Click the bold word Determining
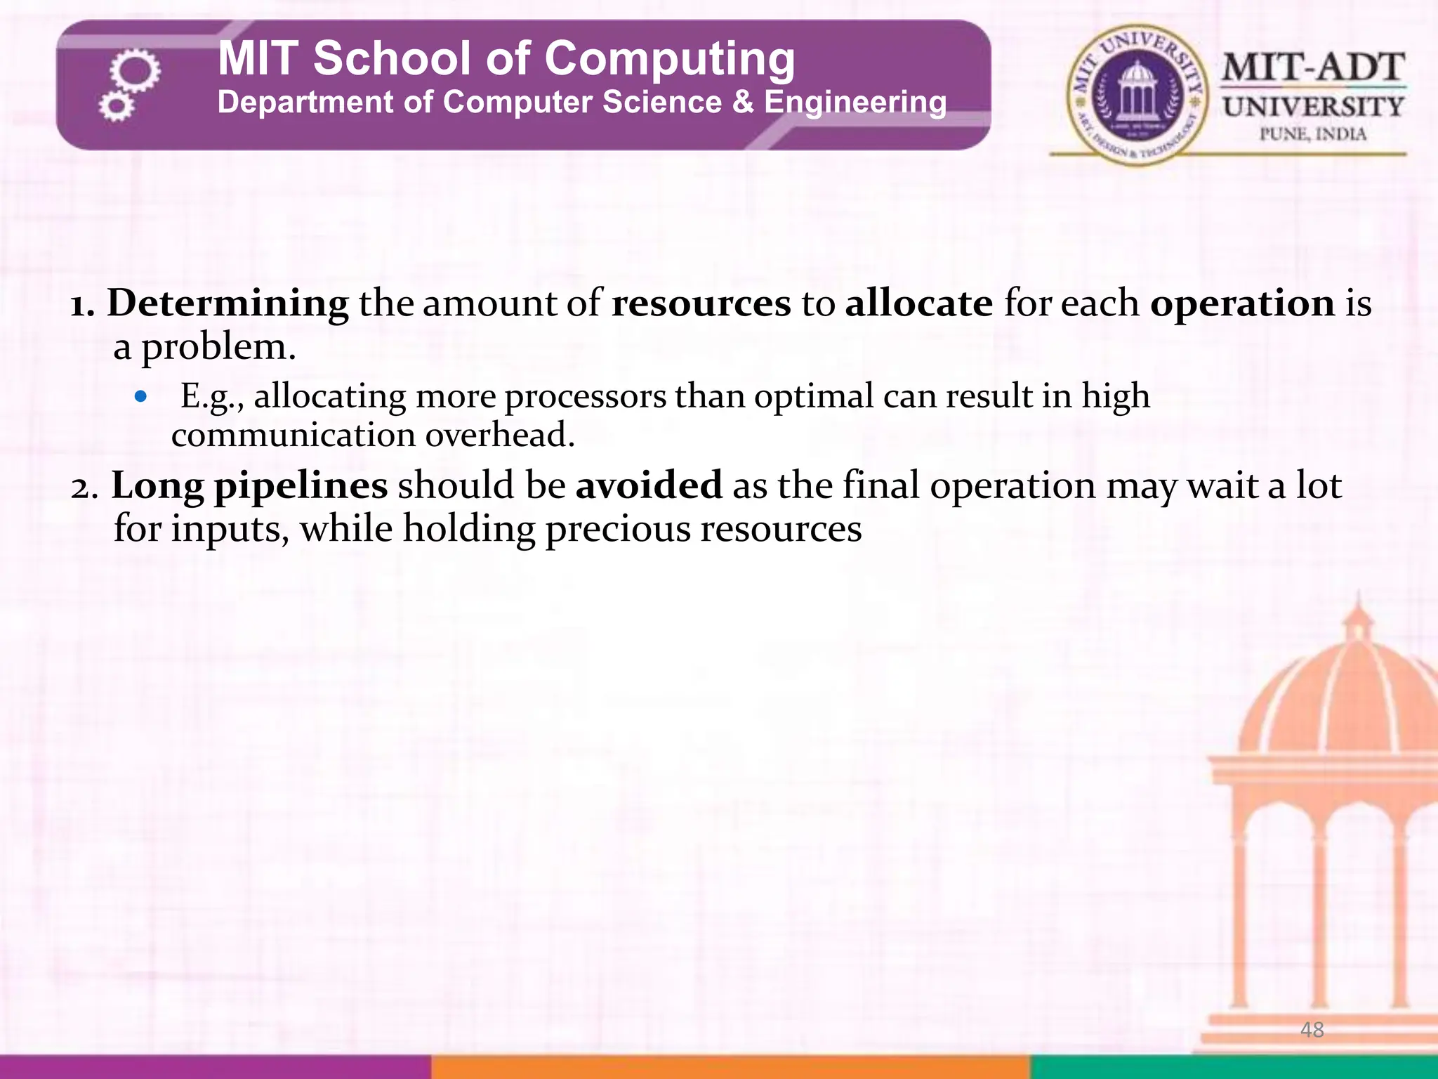[x=227, y=304]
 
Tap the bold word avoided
[x=649, y=485]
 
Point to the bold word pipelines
[x=301, y=487]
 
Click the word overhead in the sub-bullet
[x=500, y=435]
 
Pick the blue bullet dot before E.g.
[x=141, y=397]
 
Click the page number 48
[x=1312, y=1030]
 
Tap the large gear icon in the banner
[x=135, y=70]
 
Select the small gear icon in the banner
[x=115, y=107]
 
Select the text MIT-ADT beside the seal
[x=1313, y=69]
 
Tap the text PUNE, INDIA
[x=1313, y=133]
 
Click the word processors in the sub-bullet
[x=586, y=397]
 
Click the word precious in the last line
[x=617, y=530]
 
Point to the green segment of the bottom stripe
[x=1234, y=1066]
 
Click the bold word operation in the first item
[x=1242, y=304]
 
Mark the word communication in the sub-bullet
[x=293, y=435]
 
